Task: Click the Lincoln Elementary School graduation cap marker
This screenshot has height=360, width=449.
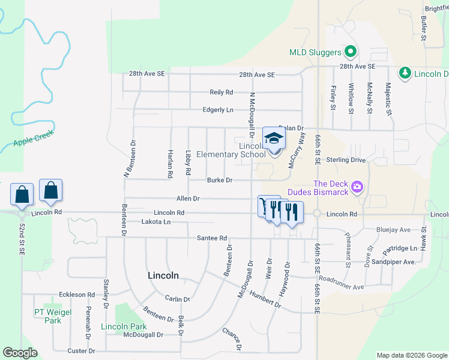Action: click(274, 139)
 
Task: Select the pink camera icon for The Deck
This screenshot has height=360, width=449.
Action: click(358, 188)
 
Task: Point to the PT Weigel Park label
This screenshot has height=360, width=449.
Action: click(47, 316)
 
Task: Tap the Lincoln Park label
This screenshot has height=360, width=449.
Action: click(124, 326)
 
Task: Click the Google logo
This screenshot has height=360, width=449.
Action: click(20, 353)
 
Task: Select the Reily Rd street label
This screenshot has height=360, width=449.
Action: click(221, 92)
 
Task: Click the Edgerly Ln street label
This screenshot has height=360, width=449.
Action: click(218, 110)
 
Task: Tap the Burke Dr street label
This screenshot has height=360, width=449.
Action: click(220, 180)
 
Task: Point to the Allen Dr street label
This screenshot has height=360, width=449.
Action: click(188, 198)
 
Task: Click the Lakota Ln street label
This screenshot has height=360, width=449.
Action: click(155, 222)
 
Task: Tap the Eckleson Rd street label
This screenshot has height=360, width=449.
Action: click(77, 295)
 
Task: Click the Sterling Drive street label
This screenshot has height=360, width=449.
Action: click(346, 160)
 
